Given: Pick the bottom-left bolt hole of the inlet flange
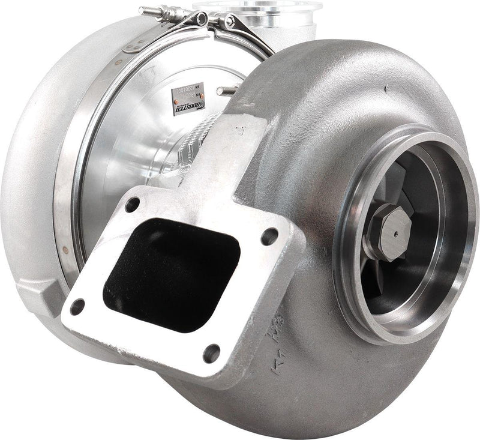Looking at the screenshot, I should [77, 307].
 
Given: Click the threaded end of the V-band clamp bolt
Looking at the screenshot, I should [147, 10].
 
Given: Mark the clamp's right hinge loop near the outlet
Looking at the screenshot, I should [230, 22].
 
